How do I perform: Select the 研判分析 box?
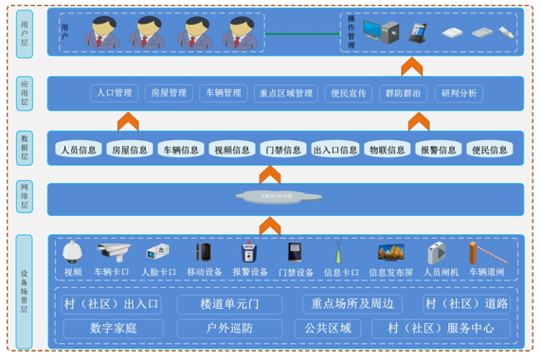pyautogui.click(x=460, y=94)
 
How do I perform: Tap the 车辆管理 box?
pyautogui.click(x=223, y=94)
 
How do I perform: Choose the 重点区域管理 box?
pyautogui.click(x=285, y=94)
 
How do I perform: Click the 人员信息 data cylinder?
pyautogui.click(x=78, y=149)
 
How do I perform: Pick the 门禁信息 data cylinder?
pyautogui.click(x=282, y=149)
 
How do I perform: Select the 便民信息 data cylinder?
pyautogui.click(x=488, y=149)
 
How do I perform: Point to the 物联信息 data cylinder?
pyautogui.click(x=388, y=149)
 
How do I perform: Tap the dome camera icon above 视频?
pyautogui.click(x=73, y=252)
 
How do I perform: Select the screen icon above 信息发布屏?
pyautogui.click(x=390, y=252)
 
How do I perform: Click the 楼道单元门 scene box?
pyautogui.click(x=229, y=304)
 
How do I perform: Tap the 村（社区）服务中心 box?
pyautogui.click(x=440, y=329)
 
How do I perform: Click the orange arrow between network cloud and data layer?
pyautogui.click(x=270, y=175)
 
